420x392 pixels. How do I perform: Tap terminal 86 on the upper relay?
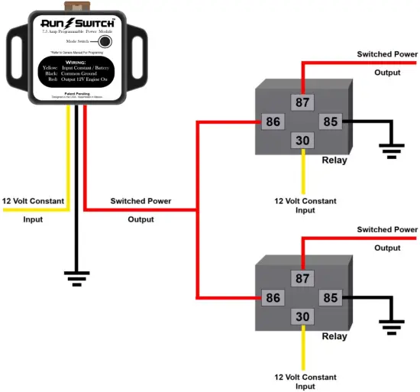273,121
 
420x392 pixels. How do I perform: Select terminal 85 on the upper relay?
330,121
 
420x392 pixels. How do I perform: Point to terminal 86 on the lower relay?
273,298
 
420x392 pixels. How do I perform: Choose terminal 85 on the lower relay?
330,298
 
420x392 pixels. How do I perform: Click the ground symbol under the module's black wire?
76,280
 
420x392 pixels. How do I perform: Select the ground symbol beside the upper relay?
393,151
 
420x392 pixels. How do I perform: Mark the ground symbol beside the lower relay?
393,328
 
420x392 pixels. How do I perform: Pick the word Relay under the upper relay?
334,160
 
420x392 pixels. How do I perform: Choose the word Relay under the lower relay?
334,337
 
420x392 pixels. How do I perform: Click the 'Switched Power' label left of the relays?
141,201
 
